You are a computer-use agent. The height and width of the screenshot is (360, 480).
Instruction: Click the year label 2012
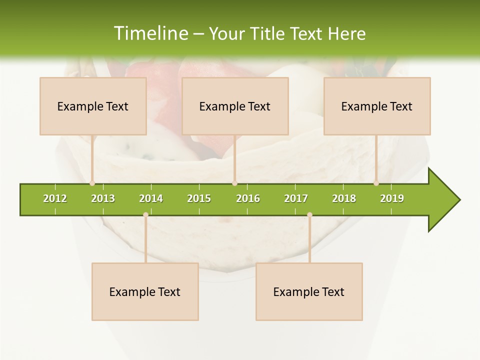coord(55,198)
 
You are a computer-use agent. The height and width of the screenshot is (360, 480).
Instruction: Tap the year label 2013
coord(103,198)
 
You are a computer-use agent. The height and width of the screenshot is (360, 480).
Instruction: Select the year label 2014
coord(151,198)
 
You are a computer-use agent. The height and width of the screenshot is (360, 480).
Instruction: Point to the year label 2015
coord(199,198)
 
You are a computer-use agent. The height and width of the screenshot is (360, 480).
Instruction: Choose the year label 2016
coord(248,198)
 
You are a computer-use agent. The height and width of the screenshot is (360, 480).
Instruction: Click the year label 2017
coord(296,198)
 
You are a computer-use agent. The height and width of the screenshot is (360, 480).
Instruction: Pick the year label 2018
coord(344,198)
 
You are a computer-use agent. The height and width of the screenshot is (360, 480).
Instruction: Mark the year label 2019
coord(392,198)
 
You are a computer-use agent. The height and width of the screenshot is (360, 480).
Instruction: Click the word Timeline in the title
coord(150,33)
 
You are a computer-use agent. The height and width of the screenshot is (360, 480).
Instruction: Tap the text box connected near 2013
coord(93,106)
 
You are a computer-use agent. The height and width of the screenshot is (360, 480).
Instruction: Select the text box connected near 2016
coord(235,106)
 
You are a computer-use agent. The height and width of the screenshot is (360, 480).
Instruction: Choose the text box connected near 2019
coord(377,106)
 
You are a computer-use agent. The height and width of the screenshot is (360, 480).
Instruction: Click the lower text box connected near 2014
coord(145,291)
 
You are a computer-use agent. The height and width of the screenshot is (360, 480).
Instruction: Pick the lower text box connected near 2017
coord(309,291)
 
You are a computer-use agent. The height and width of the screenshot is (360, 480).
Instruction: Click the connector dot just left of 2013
coord(92,183)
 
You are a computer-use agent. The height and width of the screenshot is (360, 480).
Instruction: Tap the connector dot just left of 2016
coord(234,183)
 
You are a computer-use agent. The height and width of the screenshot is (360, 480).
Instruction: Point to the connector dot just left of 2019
coord(376,183)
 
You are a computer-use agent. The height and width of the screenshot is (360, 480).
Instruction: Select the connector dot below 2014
coord(145,214)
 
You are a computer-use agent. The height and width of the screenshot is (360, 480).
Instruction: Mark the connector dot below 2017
coord(309,214)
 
